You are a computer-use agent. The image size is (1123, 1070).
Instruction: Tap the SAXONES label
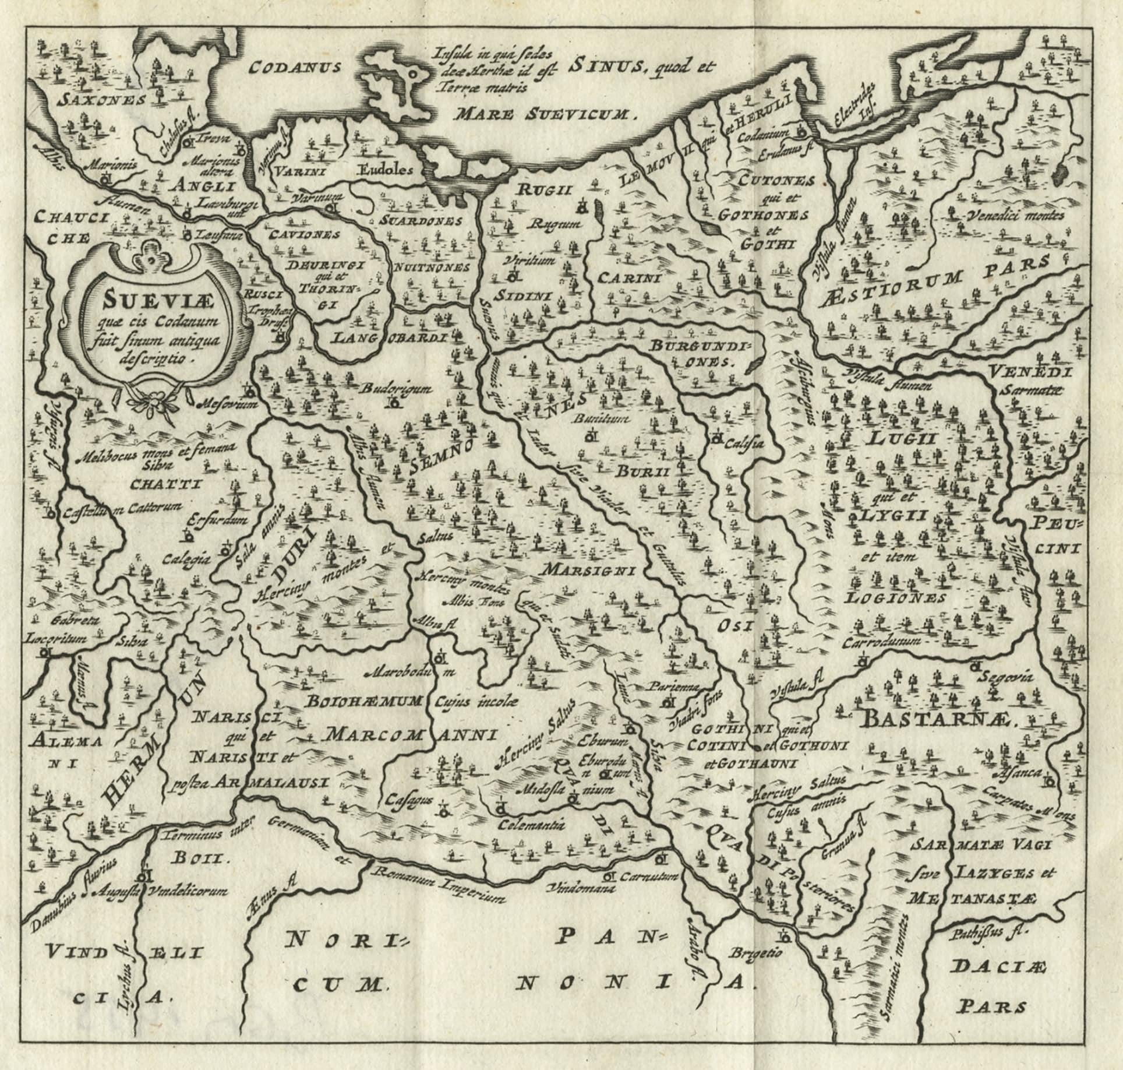[103, 100]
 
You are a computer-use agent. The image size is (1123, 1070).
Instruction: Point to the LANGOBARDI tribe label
[390, 337]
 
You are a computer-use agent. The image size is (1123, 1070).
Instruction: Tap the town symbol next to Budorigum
[395, 402]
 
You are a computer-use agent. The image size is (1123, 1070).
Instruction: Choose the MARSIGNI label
[588, 569]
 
